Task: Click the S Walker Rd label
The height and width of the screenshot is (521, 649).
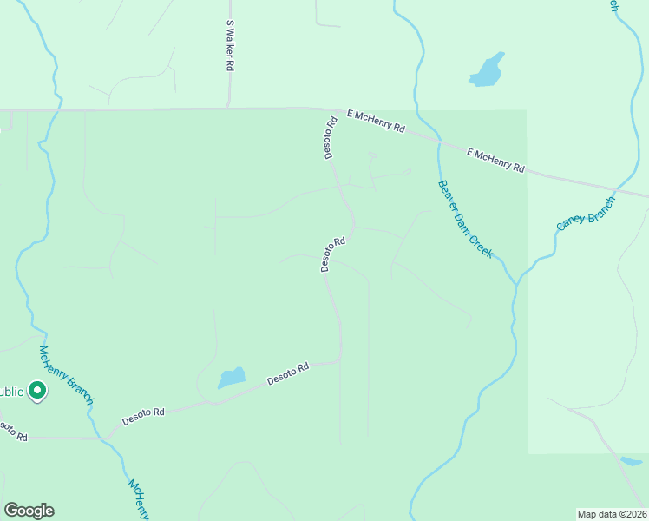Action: pos(230,46)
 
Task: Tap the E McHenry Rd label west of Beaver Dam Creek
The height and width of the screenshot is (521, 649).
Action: pos(376,121)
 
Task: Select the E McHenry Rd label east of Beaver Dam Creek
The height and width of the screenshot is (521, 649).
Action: pos(495,160)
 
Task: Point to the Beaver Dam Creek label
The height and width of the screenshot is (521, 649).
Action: pos(465,219)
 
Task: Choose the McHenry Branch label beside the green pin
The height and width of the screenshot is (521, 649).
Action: pos(66,374)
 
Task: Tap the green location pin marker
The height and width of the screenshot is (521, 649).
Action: pos(36,392)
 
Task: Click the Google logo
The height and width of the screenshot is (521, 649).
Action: pos(29,511)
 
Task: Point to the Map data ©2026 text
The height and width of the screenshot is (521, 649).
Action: pos(612,513)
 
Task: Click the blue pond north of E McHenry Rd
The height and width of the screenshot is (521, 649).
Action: pos(488,71)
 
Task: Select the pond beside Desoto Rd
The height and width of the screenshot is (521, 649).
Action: pos(231,378)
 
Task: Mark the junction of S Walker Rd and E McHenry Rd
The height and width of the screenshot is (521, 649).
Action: pos(228,109)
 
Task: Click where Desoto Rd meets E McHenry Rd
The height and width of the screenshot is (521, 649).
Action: pos(331,109)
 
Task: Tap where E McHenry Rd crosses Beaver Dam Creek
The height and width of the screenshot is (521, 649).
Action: pos(438,142)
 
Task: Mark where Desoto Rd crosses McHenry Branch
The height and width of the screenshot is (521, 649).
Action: pos(102,438)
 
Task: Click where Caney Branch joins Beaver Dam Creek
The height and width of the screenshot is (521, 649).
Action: pos(518,283)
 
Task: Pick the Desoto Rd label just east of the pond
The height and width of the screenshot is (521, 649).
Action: pos(288,374)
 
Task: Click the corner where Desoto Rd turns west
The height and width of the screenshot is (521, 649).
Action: pos(340,359)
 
